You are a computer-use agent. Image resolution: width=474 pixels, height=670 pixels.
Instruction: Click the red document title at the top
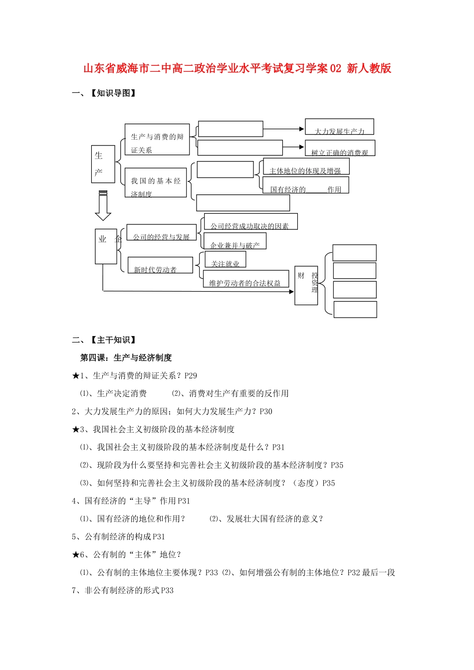pyautogui.click(x=237, y=68)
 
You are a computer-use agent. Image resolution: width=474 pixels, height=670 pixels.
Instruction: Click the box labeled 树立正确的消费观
pyautogui.click(x=340, y=148)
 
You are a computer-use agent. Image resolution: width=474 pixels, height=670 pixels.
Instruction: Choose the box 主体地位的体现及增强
pyautogui.click(x=306, y=167)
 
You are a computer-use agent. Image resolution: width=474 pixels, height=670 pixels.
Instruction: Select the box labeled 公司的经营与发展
pyautogui.click(x=161, y=233)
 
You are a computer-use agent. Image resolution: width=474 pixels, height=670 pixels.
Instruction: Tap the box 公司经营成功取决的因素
pyautogui.click(x=250, y=222)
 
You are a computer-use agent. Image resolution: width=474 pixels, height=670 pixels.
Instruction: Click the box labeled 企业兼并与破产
pyautogui.click(x=235, y=241)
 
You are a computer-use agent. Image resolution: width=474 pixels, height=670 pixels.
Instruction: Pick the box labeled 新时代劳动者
pyautogui.click(x=160, y=265)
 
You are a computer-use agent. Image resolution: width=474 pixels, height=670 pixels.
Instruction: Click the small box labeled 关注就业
pyautogui.click(x=225, y=260)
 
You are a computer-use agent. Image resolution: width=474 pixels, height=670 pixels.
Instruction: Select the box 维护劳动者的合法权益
pyautogui.click(x=245, y=279)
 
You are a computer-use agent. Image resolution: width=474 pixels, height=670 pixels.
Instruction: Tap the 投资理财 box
pyautogui.click(x=306, y=285)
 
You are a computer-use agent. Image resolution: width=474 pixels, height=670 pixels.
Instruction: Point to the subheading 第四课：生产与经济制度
pyautogui.click(x=126, y=357)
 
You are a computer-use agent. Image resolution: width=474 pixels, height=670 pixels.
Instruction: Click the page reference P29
pyautogui.click(x=191, y=376)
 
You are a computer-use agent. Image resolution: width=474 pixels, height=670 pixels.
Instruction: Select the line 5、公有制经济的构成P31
pyautogui.click(x=118, y=537)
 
